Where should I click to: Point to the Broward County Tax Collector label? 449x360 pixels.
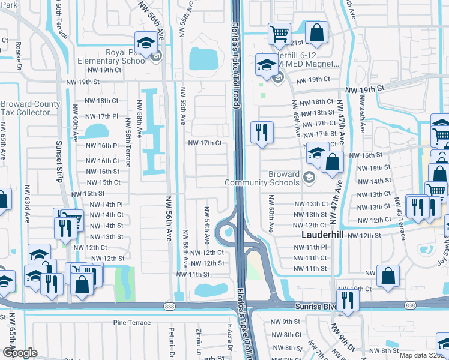tap(30, 108)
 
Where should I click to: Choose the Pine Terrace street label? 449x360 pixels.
tap(132, 323)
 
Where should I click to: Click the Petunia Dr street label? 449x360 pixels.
tap(171, 339)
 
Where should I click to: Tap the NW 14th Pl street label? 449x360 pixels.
tap(106, 205)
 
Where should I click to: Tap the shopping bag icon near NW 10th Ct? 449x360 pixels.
tap(388, 276)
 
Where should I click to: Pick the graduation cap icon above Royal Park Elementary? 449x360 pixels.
tap(145, 42)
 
